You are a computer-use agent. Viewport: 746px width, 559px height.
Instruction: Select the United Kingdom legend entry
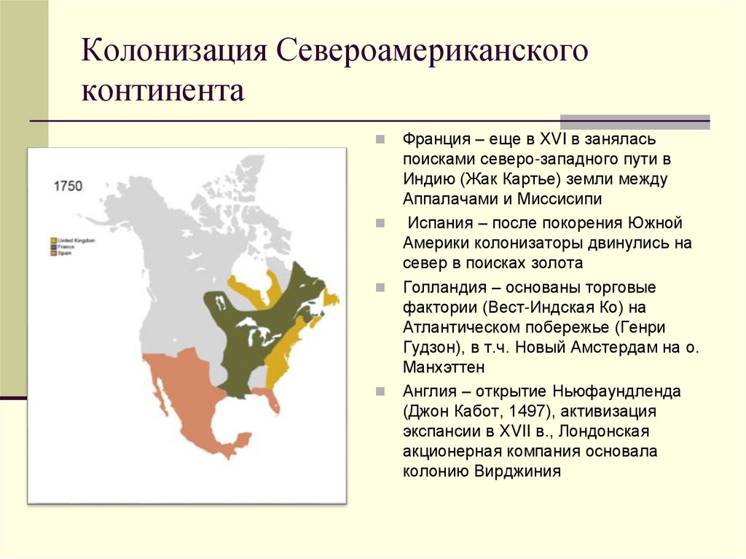point(75,240)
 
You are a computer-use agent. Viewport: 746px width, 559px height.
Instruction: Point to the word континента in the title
point(163,93)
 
